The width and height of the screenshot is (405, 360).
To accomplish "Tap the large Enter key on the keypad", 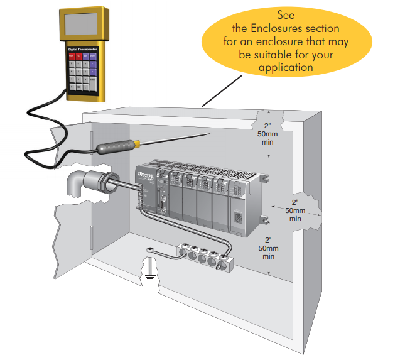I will click(92, 81).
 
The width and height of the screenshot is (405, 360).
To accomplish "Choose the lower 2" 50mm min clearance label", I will click(268, 248).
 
